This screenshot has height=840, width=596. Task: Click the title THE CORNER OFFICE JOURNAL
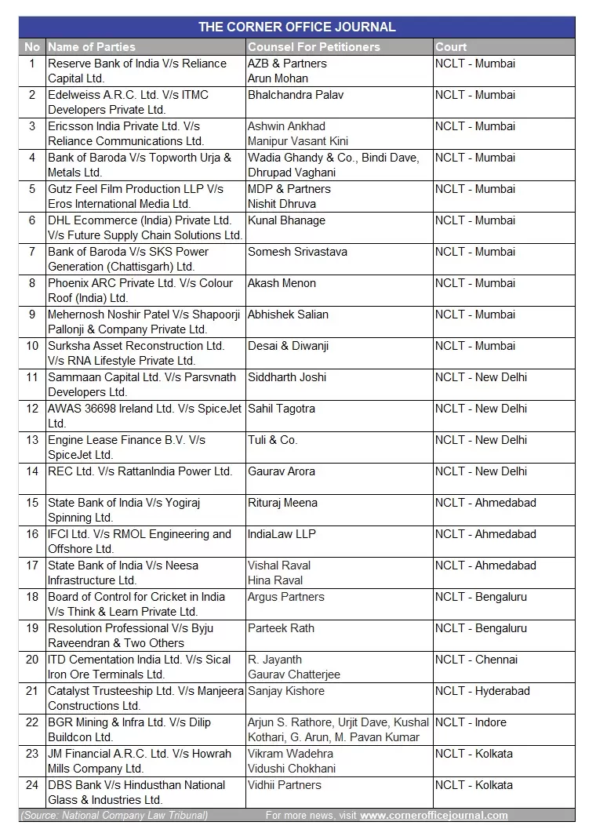(296, 27)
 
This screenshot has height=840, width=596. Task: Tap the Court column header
(451, 47)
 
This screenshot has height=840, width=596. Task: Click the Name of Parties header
(92, 47)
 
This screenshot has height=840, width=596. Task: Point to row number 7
(32, 252)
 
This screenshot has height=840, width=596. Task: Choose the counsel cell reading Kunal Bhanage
(286, 220)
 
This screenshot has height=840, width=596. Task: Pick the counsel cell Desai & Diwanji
(288, 346)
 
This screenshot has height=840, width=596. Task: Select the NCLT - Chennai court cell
(476, 660)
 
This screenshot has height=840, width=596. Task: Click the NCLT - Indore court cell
(471, 722)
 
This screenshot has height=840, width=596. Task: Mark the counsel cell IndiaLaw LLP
(282, 534)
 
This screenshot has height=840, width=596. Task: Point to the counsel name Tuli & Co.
(272, 440)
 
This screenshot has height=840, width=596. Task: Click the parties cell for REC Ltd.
(140, 471)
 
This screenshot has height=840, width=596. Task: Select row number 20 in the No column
(32, 660)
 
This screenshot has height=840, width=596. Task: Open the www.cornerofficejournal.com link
(434, 816)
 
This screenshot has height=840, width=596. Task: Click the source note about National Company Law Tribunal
(114, 816)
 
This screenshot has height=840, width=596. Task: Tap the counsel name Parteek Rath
(282, 628)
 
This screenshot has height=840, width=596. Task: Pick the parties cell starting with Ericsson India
(125, 133)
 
